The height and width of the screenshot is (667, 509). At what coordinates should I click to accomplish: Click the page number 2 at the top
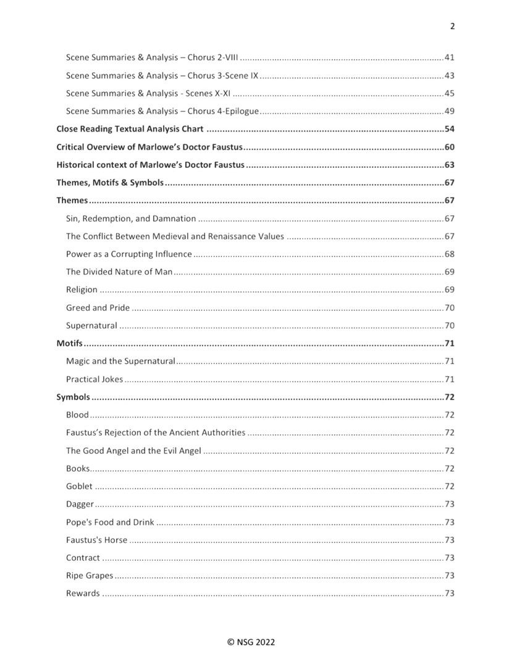[x=452, y=26]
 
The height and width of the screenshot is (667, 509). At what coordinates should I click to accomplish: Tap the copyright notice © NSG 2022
[x=254, y=642]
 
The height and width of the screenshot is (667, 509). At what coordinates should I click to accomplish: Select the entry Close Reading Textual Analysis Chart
[x=130, y=130]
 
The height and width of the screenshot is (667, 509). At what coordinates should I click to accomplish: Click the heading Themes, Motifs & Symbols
[x=110, y=183]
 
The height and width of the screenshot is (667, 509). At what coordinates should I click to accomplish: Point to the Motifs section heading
[x=70, y=343]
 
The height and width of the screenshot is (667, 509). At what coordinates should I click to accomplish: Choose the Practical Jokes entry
[x=95, y=379]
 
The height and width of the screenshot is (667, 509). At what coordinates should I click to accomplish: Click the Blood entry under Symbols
[x=77, y=415]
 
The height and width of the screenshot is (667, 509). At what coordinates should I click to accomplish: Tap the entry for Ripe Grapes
[x=90, y=576]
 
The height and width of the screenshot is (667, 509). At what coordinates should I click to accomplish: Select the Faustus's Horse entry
[x=96, y=540]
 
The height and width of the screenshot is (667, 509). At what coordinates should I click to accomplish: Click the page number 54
[x=450, y=130]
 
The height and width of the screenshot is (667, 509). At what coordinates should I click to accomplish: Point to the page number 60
[x=450, y=148]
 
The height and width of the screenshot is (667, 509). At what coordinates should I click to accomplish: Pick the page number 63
[x=450, y=166]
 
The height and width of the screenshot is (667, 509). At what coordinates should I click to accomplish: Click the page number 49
[x=450, y=112]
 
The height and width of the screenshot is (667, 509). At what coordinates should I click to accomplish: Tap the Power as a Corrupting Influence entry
[x=129, y=254]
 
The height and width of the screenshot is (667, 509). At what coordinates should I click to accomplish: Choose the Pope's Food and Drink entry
[x=110, y=522]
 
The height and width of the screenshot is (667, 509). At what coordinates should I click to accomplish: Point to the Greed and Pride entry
[x=98, y=308]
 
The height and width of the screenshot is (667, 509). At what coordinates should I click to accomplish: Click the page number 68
[x=450, y=254]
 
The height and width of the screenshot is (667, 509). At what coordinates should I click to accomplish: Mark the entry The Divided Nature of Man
[x=119, y=272]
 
